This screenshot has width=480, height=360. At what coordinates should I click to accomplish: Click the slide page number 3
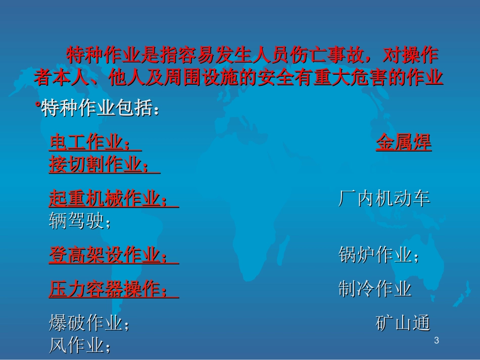(437, 341)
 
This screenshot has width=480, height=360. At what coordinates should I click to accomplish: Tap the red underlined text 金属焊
(404, 143)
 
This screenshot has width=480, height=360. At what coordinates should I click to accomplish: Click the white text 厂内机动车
(384, 199)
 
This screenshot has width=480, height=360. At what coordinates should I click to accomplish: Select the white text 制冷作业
(375, 289)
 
